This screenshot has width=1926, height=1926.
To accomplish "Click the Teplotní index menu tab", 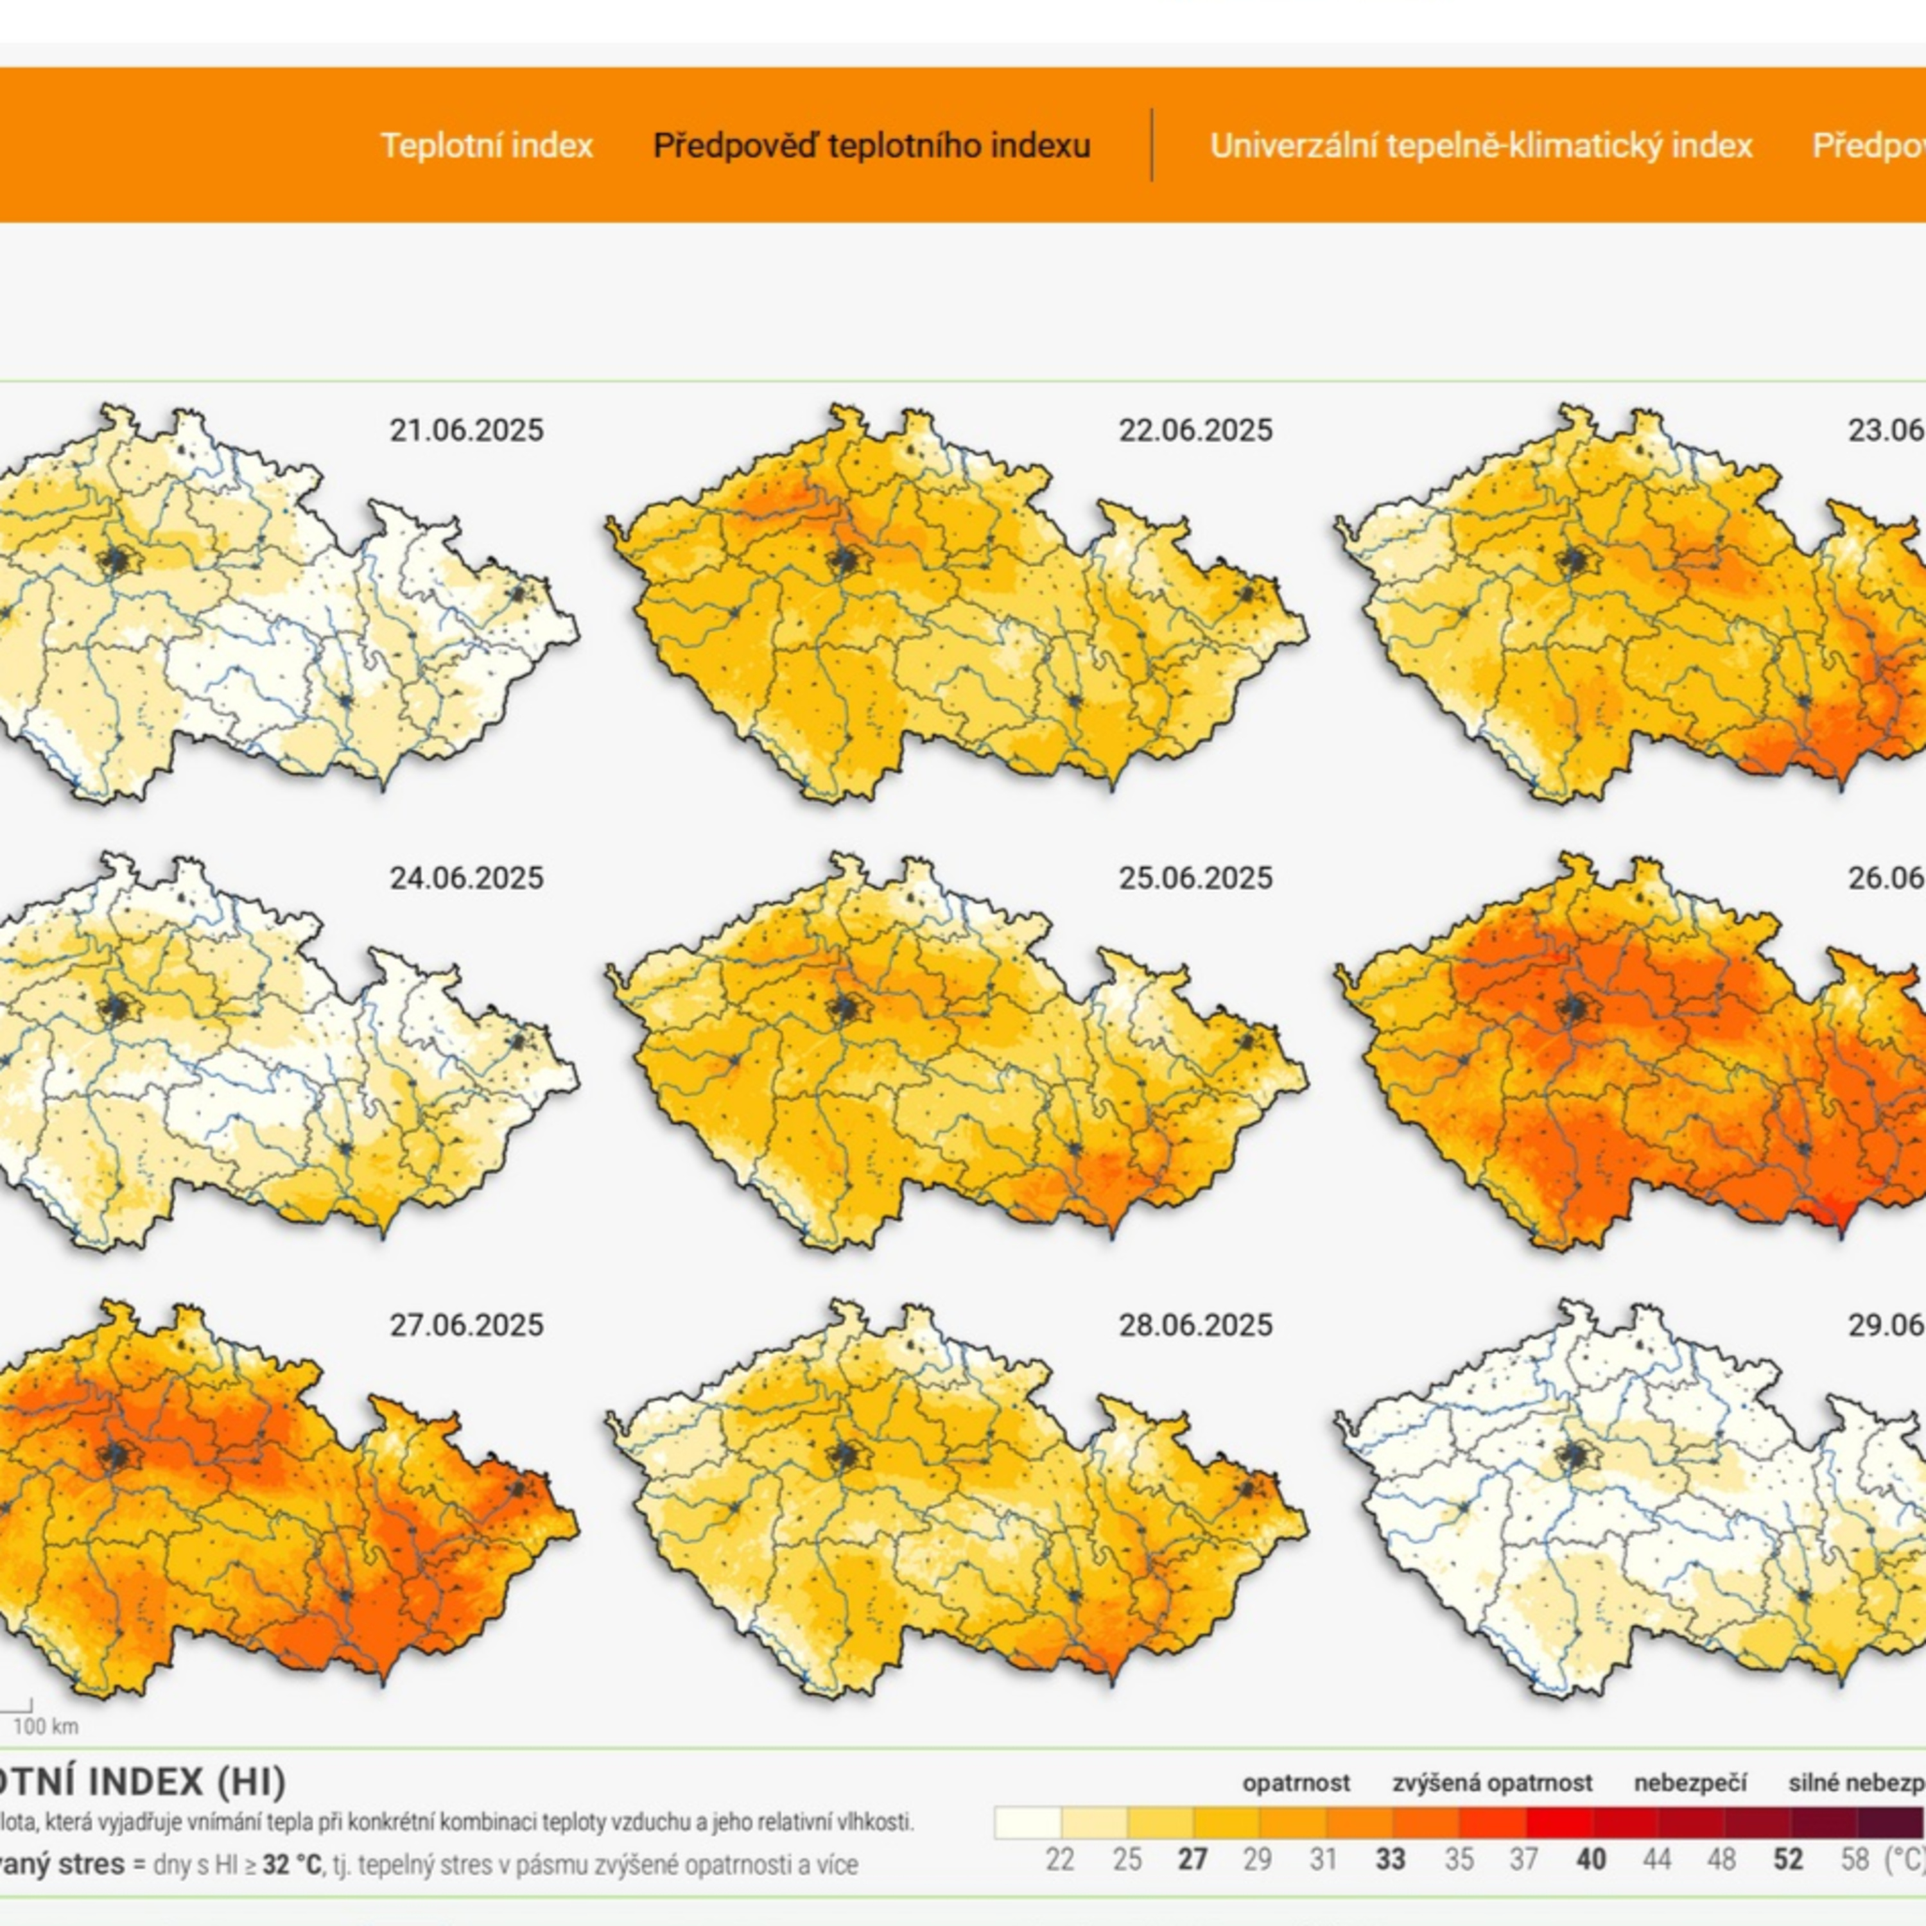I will pyautogui.click(x=487, y=146).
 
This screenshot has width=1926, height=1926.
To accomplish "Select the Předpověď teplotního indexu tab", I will pyautogui.click(x=871, y=146).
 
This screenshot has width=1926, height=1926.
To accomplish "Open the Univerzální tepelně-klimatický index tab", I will pyautogui.click(x=1480, y=146).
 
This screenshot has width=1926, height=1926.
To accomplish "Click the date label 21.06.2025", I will pyautogui.click(x=467, y=431).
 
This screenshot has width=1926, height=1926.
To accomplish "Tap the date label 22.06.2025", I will pyautogui.click(x=1195, y=431).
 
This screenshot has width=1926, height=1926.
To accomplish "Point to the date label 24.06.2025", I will pyautogui.click(x=467, y=878).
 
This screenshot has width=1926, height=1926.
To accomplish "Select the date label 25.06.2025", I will pyautogui.click(x=1195, y=878).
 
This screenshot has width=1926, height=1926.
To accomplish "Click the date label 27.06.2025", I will pyautogui.click(x=467, y=1326).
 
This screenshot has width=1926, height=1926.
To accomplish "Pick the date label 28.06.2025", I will pyautogui.click(x=1195, y=1326).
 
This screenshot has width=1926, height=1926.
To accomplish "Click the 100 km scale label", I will pyautogui.click(x=46, y=1726).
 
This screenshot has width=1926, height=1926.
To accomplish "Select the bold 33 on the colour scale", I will pyautogui.click(x=1390, y=1861).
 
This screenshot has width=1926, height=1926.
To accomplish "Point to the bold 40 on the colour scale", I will pyautogui.click(x=1591, y=1861).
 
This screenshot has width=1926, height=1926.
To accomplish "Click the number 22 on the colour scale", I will pyautogui.click(x=1060, y=1861).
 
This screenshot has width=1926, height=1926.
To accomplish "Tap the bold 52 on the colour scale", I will pyautogui.click(x=1789, y=1861).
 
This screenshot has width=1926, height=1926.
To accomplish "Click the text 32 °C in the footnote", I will pyautogui.click(x=292, y=1864).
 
